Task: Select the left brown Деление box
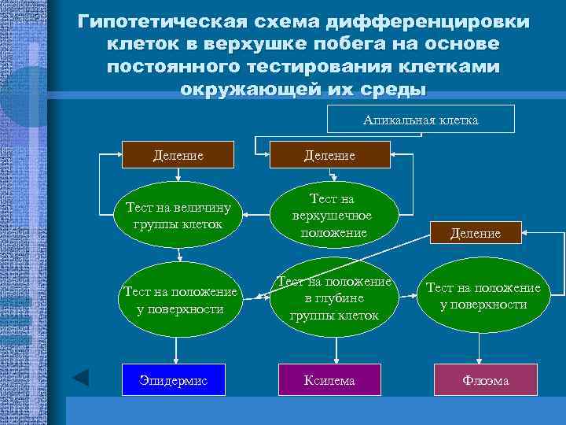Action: [178, 155]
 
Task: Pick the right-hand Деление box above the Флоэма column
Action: [476, 233]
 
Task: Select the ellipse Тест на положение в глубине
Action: [334, 299]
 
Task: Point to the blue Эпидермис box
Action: [175, 380]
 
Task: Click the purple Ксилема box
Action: [329, 380]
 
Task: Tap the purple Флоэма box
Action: [485, 380]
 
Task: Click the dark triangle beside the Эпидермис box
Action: [81, 379]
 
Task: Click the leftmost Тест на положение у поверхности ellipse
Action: [180, 300]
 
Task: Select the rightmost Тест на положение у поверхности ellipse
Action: [483, 296]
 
